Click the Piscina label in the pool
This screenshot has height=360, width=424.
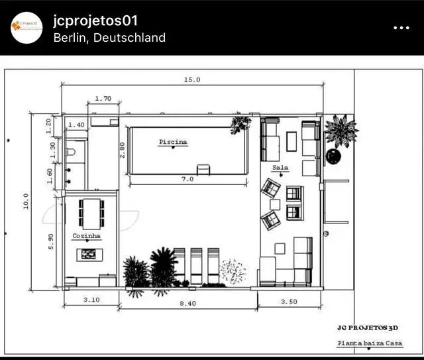tap(173, 142)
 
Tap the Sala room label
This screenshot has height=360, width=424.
tap(280, 168)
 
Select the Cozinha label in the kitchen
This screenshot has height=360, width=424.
tap(87, 235)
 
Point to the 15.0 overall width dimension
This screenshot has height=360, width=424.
tap(192, 80)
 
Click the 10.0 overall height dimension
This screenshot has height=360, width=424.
tap(26, 201)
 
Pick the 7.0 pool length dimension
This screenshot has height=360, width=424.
tap(187, 179)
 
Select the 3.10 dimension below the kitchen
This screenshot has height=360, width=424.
tap(92, 300)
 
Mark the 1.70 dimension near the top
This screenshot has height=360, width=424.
tap(103, 99)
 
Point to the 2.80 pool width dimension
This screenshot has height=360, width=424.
tap(122, 150)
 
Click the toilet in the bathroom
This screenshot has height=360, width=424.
tap(71, 152)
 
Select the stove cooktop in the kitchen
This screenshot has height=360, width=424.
tap(88, 253)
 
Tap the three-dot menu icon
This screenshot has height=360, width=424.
tap(401, 28)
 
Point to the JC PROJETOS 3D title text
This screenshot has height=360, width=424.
tap(368, 327)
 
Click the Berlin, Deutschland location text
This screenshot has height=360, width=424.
tap(109, 38)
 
